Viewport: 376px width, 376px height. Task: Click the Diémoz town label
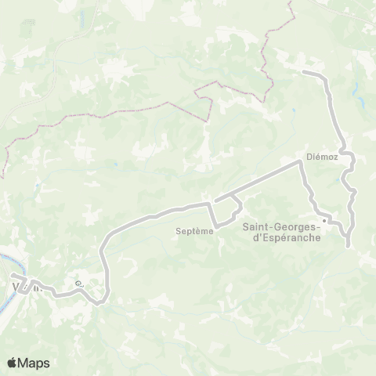point(321,154)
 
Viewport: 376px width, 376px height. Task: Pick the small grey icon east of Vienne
point(77,284)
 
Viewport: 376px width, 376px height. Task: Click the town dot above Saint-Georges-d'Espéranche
point(323,219)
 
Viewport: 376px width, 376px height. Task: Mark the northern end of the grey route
point(304,71)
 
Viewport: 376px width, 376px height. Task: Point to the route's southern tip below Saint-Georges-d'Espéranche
point(348,247)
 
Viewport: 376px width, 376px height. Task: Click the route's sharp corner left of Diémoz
point(299,163)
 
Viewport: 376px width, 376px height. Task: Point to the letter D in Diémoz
point(309,154)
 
